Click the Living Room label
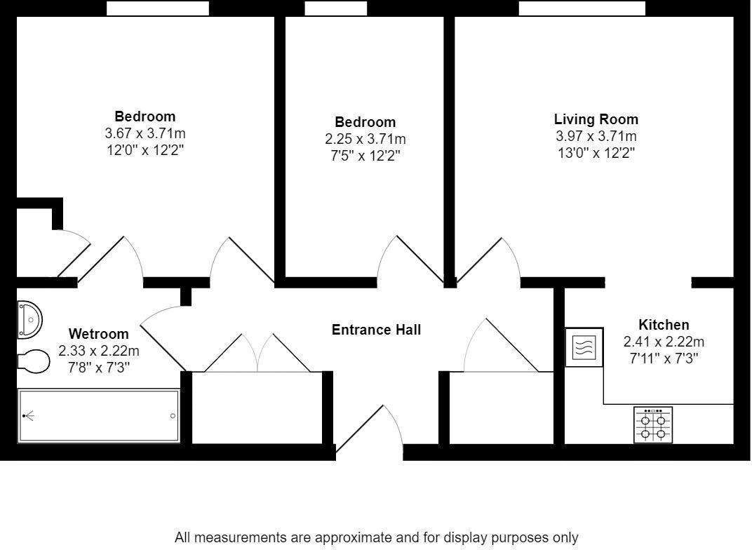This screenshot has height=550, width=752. (x=596, y=119)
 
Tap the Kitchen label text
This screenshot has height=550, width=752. (x=663, y=325)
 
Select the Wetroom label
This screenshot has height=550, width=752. (x=98, y=334)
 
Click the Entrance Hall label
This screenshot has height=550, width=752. (x=376, y=330)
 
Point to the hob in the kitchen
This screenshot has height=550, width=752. (x=653, y=424)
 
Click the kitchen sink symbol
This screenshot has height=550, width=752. (x=584, y=347)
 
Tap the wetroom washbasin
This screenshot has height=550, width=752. (x=30, y=319)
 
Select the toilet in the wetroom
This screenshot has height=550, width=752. (x=34, y=362)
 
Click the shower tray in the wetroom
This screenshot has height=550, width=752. (x=98, y=416)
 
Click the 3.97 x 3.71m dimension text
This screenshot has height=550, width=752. (x=596, y=137)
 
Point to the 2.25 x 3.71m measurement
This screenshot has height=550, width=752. (x=365, y=140)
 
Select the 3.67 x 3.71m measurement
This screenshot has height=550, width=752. (x=145, y=133)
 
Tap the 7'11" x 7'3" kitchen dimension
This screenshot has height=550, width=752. (x=663, y=358)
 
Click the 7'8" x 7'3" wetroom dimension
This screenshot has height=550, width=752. (x=98, y=366)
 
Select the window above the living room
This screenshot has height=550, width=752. (x=582, y=8)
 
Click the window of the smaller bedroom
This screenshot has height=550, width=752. (x=335, y=8)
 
